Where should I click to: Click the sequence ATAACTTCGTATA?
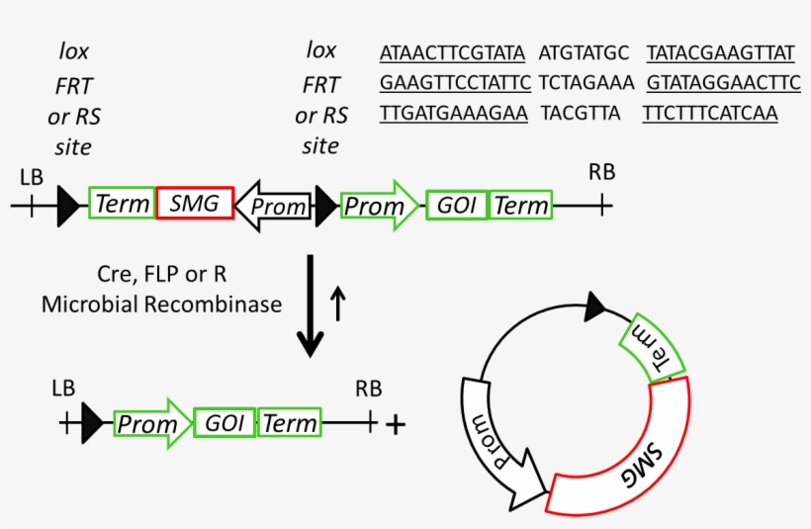[452, 51]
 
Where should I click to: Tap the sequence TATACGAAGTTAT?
[720, 51]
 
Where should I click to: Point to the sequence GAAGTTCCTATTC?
[455, 82]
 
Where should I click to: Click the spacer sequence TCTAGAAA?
[581, 82]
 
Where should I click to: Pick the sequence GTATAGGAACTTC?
[723, 82]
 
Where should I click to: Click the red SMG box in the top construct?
[195, 204]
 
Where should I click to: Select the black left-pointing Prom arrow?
[275, 206]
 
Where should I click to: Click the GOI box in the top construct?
[457, 206]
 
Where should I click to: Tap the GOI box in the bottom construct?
[225, 423]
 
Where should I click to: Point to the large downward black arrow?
[311, 307]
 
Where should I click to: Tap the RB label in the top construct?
[601, 172]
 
